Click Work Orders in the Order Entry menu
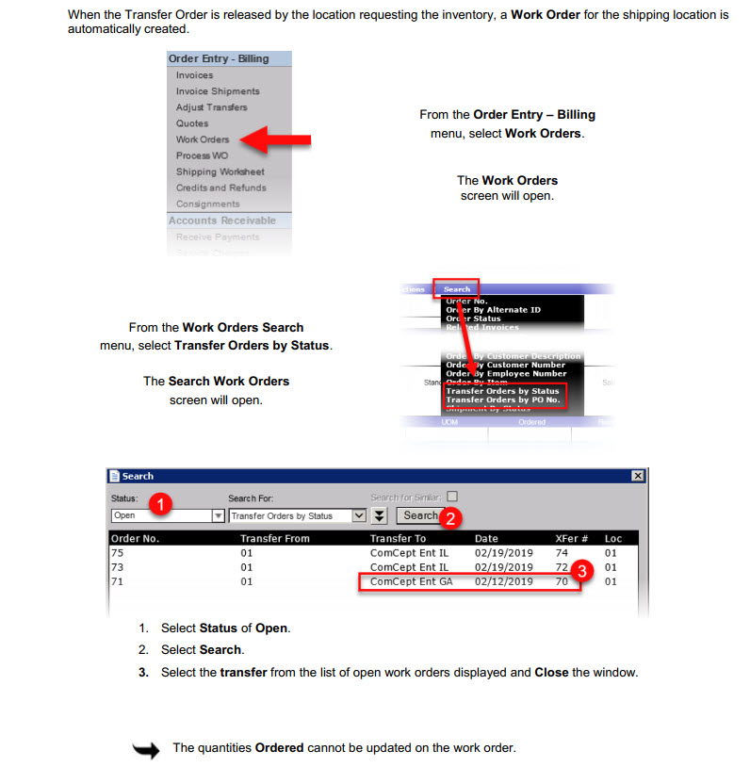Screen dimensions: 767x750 pos(203,139)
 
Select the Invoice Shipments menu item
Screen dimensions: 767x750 pos(218,91)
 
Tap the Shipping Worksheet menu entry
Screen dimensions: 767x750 pos(220,171)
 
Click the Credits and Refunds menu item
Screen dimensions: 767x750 pos(220,188)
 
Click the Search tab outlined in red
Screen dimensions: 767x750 pos(457,289)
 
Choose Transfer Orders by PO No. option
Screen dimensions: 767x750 pos(502,400)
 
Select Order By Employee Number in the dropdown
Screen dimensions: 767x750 pos(506,373)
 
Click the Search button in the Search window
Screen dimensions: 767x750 pos(420,515)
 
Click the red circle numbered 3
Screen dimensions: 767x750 pos(583,571)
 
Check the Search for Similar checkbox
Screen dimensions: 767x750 pos(452,497)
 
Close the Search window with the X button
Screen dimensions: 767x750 pos(638,477)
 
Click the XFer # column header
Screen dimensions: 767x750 pos(572,539)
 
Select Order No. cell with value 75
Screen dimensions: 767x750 pos(118,553)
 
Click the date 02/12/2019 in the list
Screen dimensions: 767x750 pos(504,582)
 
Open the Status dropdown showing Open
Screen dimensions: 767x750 pos(218,516)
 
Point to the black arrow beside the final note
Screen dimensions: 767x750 pos(147,749)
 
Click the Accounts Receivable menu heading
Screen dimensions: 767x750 pos(222,220)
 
